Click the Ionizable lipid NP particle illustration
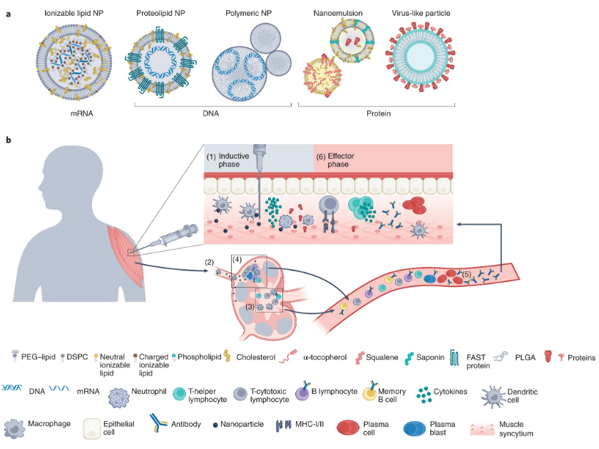71,61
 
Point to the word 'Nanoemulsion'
337,14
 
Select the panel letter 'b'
9,140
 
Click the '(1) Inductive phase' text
230,159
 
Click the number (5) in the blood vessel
466,271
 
